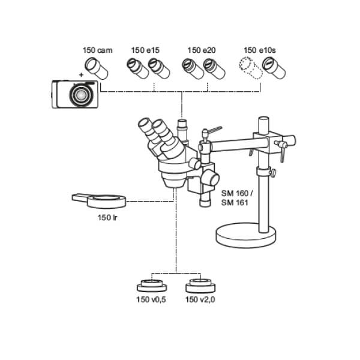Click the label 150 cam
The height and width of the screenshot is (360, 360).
coord(97,51)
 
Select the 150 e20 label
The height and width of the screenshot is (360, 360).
coord(201,51)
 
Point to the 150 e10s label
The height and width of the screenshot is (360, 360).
coord(259,51)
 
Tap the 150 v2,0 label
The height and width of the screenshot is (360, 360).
coord(200,298)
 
